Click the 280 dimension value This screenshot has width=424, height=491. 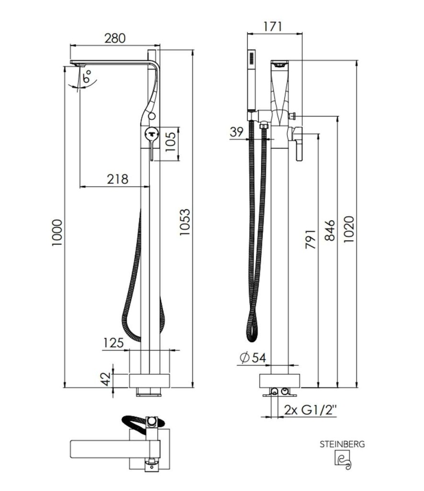[x=115, y=38]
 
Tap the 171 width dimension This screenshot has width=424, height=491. [x=272, y=26]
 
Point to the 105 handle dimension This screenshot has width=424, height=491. [x=171, y=141]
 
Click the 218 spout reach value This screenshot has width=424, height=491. [x=118, y=179]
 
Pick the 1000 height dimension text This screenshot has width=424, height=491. [x=57, y=233]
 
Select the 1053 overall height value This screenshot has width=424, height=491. [x=184, y=222]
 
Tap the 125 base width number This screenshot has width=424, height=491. [x=113, y=343]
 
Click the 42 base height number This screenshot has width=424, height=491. [x=106, y=379]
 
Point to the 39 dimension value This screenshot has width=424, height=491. [x=237, y=132]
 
